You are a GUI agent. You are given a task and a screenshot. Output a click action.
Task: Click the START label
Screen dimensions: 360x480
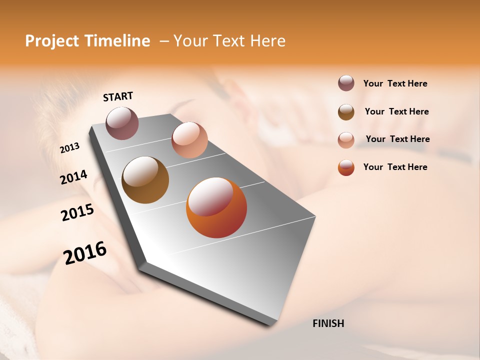coord(118,96)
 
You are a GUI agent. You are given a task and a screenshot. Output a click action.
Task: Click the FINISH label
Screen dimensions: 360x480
coord(328,323)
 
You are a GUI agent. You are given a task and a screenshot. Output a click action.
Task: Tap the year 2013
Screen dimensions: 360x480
coord(69,148)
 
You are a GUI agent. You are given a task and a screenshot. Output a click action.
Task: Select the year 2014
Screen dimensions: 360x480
coord(73,177)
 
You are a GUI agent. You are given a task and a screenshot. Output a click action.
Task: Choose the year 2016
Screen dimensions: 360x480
coord(85,253)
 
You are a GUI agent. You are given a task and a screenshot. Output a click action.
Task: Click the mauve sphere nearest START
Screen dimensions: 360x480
coord(122,123)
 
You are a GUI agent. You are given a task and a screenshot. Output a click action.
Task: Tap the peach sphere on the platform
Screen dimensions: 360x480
coord(189,140)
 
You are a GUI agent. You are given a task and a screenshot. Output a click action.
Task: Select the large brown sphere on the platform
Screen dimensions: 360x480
coord(145,180)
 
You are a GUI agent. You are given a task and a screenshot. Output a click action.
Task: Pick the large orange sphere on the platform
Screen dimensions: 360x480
coord(216,207)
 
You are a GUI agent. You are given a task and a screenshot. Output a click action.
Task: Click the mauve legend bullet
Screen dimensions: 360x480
coord(346,83)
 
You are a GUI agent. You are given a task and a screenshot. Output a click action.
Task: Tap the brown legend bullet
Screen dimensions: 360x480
coord(346,111)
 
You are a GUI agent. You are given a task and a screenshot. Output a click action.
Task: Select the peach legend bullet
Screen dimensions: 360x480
coord(346,139)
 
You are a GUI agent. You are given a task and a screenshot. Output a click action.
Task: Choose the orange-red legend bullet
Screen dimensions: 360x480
coord(346,167)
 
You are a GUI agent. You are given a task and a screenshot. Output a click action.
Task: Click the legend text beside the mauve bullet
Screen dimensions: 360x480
coord(395,83)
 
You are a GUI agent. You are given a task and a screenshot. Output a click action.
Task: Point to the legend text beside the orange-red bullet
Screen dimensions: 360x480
coord(395,167)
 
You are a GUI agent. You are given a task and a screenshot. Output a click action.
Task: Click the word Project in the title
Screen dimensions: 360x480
coord(52,41)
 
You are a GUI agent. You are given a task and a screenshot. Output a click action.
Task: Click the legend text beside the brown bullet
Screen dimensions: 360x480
coord(396,111)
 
